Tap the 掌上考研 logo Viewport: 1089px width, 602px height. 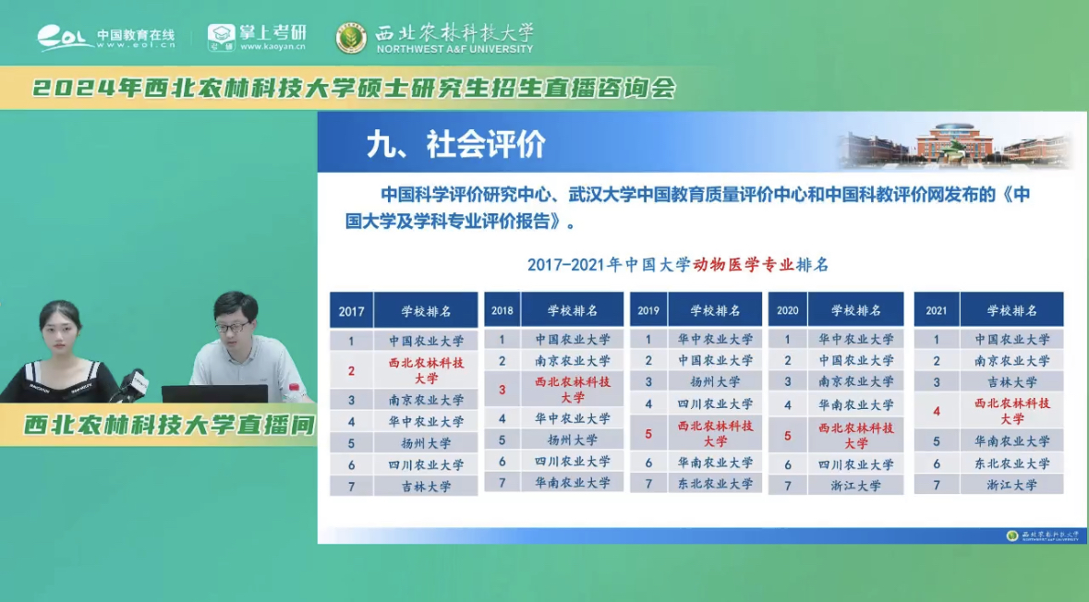tap(257, 38)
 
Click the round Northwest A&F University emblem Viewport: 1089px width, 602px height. tap(351, 38)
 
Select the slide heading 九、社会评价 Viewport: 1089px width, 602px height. tap(455, 144)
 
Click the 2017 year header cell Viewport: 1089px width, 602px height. tap(351, 311)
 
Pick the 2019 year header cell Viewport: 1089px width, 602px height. tap(648, 310)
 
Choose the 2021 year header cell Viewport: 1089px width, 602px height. tap(937, 310)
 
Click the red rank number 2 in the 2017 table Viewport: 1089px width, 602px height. tap(351, 371)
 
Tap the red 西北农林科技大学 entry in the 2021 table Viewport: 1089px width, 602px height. tap(1011, 411)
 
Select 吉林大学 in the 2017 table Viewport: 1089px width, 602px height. tap(426, 486)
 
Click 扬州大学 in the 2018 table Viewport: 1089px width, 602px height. tap(572, 439)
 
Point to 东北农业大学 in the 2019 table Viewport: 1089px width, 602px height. tap(715, 483)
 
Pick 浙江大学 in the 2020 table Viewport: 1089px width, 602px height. tap(855, 485)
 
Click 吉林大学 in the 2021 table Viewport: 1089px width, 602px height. tap(1011, 381)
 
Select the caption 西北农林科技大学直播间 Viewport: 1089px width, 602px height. tap(169, 425)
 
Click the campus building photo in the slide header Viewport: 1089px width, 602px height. tap(955, 146)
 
